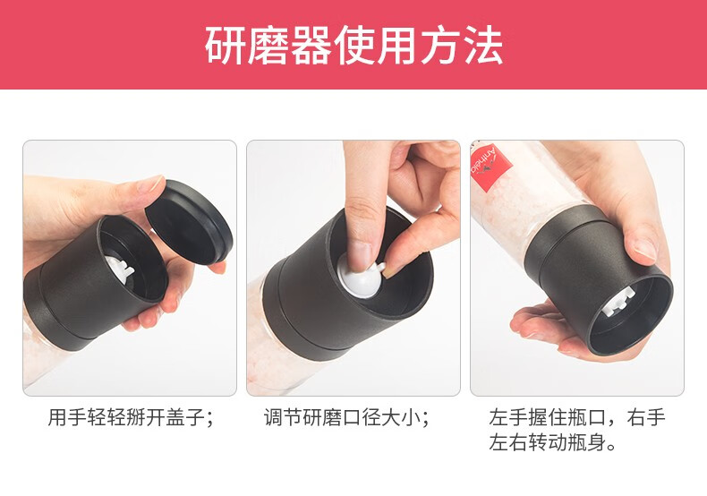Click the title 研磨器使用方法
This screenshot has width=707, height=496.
pyautogui.click(x=354, y=45)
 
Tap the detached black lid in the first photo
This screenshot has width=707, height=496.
pyautogui.click(x=189, y=222)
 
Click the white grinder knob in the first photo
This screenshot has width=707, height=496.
pyautogui.click(x=120, y=269)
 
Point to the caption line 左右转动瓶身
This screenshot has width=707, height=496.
pyautogui.click(x=552, y=442)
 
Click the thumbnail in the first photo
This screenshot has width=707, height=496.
pyautogui.click(x=150, y=184)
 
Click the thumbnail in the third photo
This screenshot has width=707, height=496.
pyautogui.click(x=645, y=249)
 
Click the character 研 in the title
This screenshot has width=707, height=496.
pyautogui.click(x=225, y=46)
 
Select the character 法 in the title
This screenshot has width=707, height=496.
pyautogui.click(x=484, y=46)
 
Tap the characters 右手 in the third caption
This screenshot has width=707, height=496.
pyautogui.click(x=646, y=417)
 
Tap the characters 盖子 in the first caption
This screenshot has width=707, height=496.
pyautogui.click(x=185, y=417)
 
